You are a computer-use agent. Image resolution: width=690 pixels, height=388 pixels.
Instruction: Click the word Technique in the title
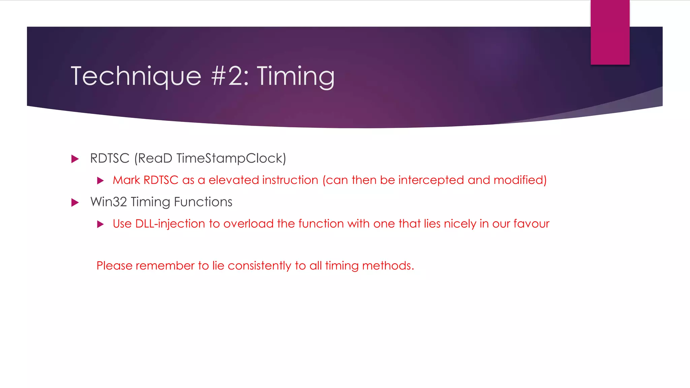pyautogui.click(x=136, y=76)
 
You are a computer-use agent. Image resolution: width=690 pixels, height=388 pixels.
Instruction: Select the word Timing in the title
pyautogui.click(x=296, y=77)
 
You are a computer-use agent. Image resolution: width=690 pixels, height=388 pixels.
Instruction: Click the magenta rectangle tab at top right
pyautogui.click(x=610, y=32)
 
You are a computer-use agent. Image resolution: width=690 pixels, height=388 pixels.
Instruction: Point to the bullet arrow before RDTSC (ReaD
pyautogui.click(x=75, y=159)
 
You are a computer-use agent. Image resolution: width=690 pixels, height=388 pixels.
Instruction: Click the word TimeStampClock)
pyautogui.click(x=231, y=158)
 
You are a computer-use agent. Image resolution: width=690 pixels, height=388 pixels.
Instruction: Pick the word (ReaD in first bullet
pyautogui.click(x=153, y=158)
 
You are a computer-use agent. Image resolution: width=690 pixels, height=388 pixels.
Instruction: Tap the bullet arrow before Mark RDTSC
pyautogui.click(x=100, y=181)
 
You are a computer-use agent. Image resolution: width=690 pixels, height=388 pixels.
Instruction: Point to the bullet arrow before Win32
pyautogui.click(x=75, y=203)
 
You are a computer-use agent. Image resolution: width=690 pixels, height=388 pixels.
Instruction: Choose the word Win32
pyautogui.click(x=108, y=202)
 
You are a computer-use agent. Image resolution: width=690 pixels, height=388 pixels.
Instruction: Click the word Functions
pyautogui.click(x=203, y=202)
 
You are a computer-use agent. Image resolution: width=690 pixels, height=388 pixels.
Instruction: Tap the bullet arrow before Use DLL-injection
pyautogui.click(x=100, y=224)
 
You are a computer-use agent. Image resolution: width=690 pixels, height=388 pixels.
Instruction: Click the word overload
pyautogui.click(x=248, y=224)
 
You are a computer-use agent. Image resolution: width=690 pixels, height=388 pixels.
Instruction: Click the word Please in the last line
pyautogui.click(x=114, y=266)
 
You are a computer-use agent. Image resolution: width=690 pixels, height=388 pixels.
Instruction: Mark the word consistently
pyautogui.click(x=259, y=266)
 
